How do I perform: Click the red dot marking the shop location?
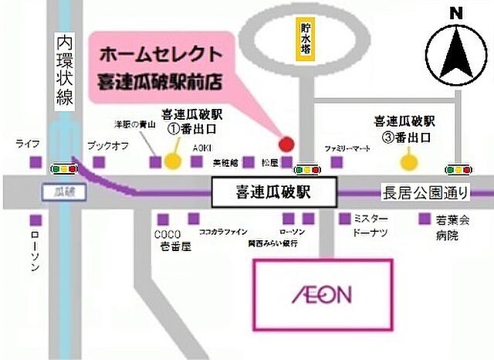pos(286,143)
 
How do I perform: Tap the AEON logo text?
pos(323,294)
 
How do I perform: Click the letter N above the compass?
pos(456,13)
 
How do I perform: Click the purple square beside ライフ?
pos(35,163)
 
